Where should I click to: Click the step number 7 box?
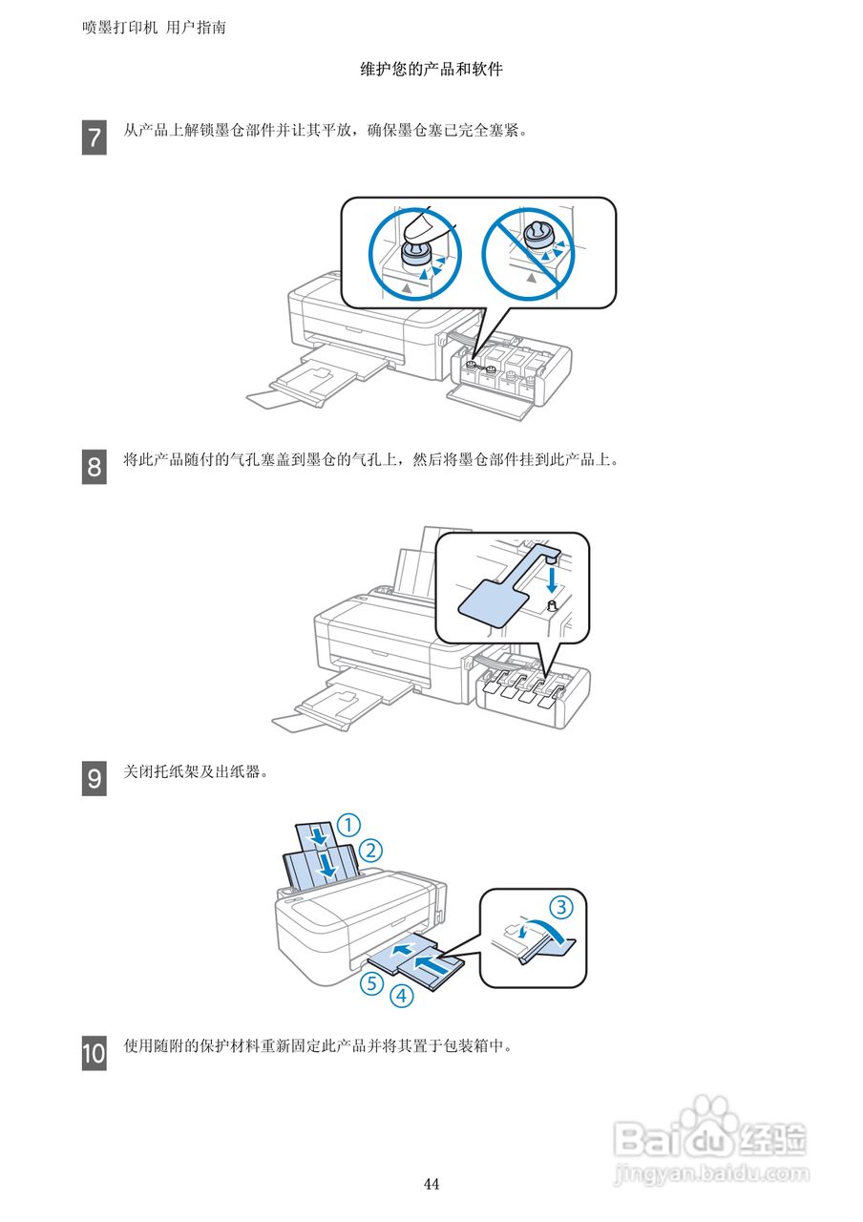pos(94,137)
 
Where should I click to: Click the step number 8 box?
pos(94,468)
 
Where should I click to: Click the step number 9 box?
pos(94,779)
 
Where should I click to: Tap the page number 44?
pos(431,1184)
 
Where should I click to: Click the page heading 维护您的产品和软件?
pos(431,70)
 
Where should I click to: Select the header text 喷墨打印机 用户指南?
pos(155,28)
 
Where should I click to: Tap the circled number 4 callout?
pos(402,996)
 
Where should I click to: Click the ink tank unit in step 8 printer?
pos(531,698)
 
